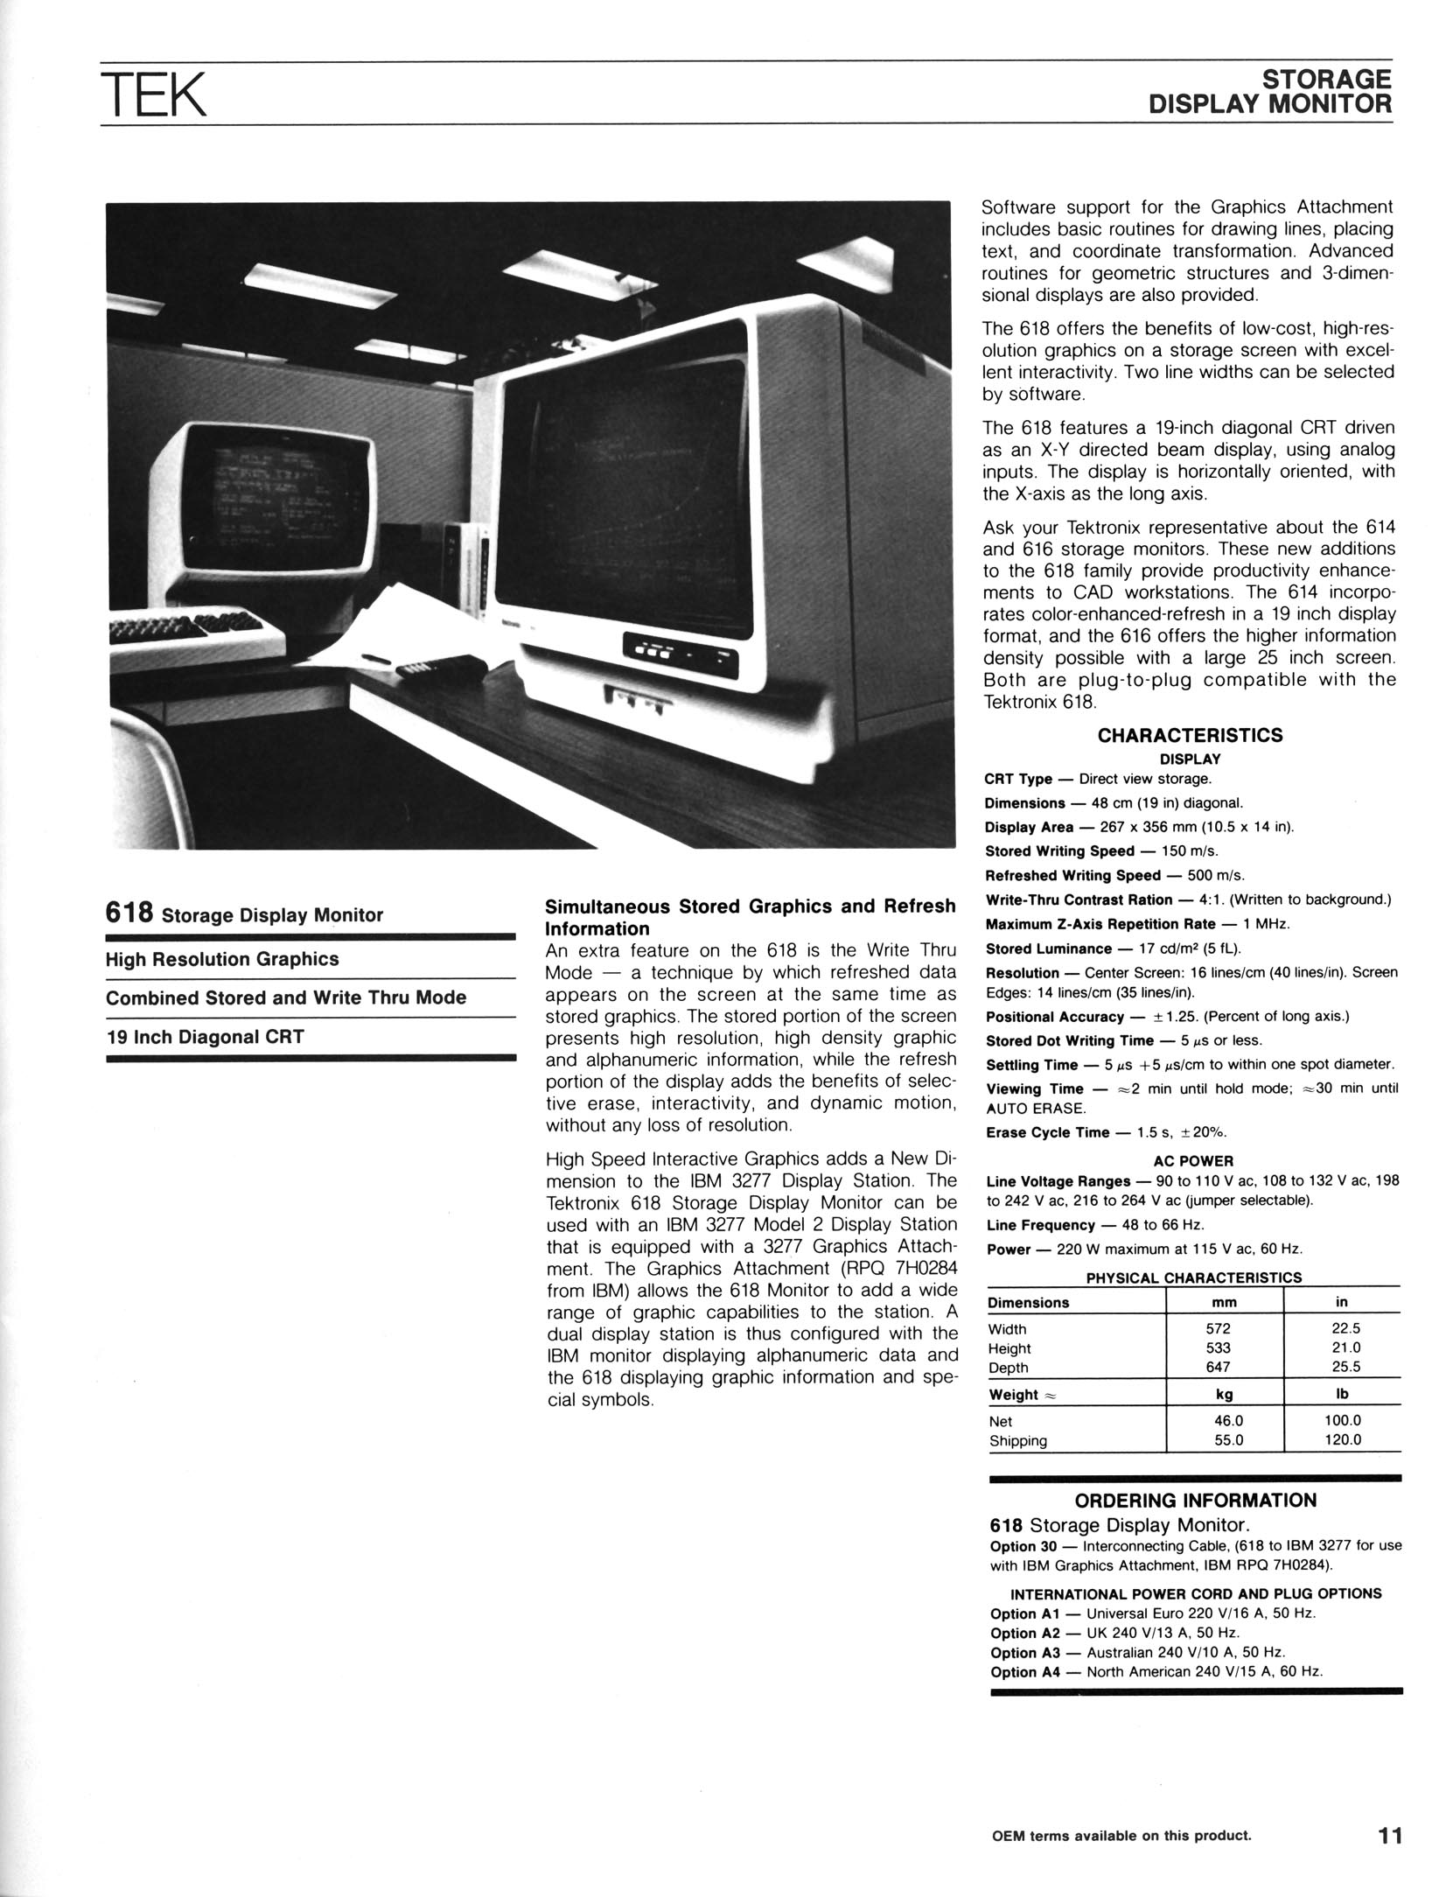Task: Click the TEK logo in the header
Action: tap(153, 95)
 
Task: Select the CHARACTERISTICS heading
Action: tap(1190, 735)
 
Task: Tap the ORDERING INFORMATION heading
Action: tap(1195, 1500)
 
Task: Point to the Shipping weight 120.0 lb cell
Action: tap(1344, 1440)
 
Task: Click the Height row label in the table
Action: tap(1009, 1348)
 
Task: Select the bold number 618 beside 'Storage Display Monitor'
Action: tap(129, 913)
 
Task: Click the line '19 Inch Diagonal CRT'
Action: tap(205, 1037)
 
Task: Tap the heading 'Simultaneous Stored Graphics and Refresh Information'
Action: tap(750, 917)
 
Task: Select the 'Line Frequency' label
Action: tap(1040, 1225)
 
